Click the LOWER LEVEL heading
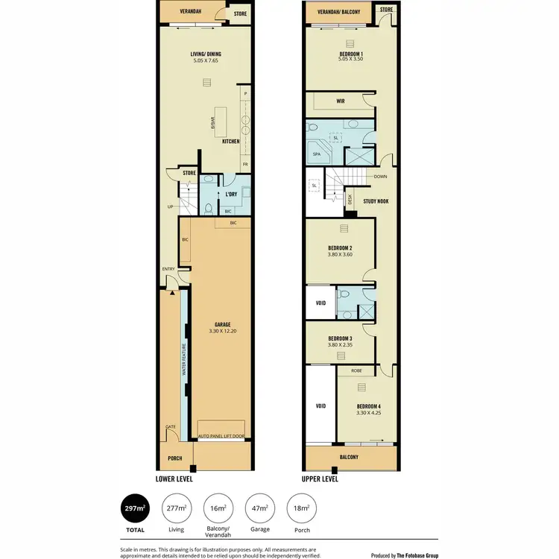(x=174, y=479)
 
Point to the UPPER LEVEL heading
(x=320, y=479)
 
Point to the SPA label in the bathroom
(x=317, y=155)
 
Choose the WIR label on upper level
(x=340, y=101)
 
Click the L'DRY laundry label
(x=231, y=195)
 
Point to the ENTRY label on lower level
(x=168, y=270)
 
